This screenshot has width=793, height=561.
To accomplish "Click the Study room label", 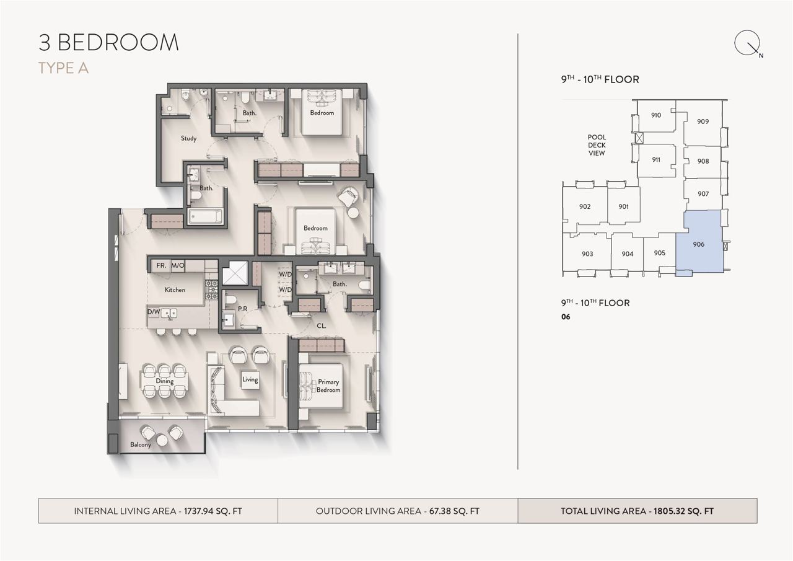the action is (x=188, y=138).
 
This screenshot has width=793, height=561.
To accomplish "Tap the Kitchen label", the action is (x=175, y=289).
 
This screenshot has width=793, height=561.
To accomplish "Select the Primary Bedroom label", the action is (x=328, y=386).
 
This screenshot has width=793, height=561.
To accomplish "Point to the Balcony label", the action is (x=141, y=444).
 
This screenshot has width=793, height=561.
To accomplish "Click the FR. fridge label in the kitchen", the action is (x=161, y=265).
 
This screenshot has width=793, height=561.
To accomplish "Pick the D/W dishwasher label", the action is (x=154, y=312).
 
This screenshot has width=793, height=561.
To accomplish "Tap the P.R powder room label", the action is (x=242, y=309).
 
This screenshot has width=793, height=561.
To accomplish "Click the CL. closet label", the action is (x=321, y=326).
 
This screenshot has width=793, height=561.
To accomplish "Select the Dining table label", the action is (x=165, y=381).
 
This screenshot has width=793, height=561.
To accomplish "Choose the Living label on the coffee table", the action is (x=250, y=379).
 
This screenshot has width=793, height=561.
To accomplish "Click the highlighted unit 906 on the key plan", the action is (x=698, y=244).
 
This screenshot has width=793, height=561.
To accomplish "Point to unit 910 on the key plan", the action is (x=655, y=115).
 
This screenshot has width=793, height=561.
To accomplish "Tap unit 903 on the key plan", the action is (x=587, y=254).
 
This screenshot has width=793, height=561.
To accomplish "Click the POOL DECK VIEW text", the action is (x=597, y=145).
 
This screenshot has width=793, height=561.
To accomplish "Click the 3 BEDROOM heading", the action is (x=108, y=43).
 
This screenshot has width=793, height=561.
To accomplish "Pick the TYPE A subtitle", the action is (x=63, y=68).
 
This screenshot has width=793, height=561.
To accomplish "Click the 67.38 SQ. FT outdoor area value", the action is (x=454, y=511).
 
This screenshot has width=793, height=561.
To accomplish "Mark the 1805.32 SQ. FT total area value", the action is (x=683, y=511).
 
